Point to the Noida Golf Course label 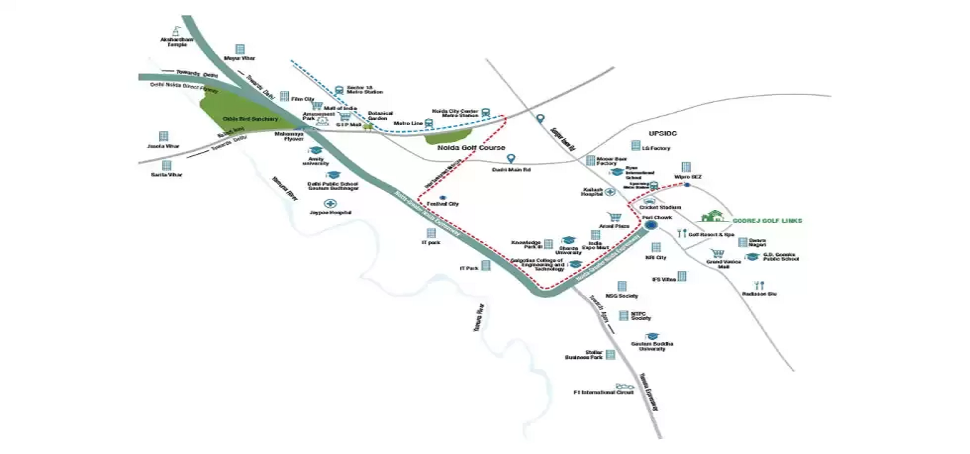476,148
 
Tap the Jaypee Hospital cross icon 330,203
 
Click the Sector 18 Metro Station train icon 339,90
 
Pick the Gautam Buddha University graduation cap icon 652,335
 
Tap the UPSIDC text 664,133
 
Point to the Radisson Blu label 758,293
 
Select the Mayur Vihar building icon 240,49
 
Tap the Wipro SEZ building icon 686,167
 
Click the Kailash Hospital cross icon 610,192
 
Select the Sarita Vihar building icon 167,165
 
